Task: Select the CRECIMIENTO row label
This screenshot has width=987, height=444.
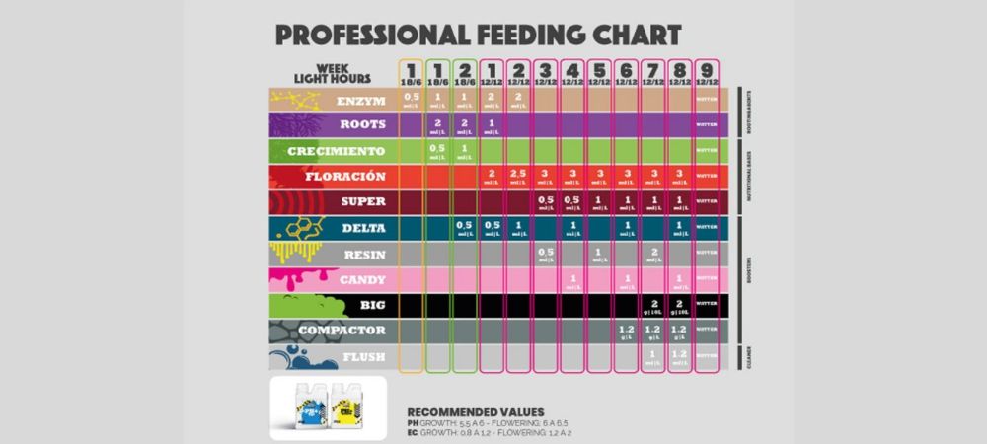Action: pyautogui.click(x=337, y=151)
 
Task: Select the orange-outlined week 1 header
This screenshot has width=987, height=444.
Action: pyautogui.click(x=412, y=72)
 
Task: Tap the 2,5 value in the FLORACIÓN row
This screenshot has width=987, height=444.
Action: pyautogui.click(x=518, y=177)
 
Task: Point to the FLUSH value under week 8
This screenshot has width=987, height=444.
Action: pyautogui.click(x=679, y=355)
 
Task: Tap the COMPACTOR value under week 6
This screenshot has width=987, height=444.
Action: pyautogui.click(x=626, y=330)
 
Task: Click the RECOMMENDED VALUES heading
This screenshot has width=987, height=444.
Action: pyautogui.click(x=475, y=411)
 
